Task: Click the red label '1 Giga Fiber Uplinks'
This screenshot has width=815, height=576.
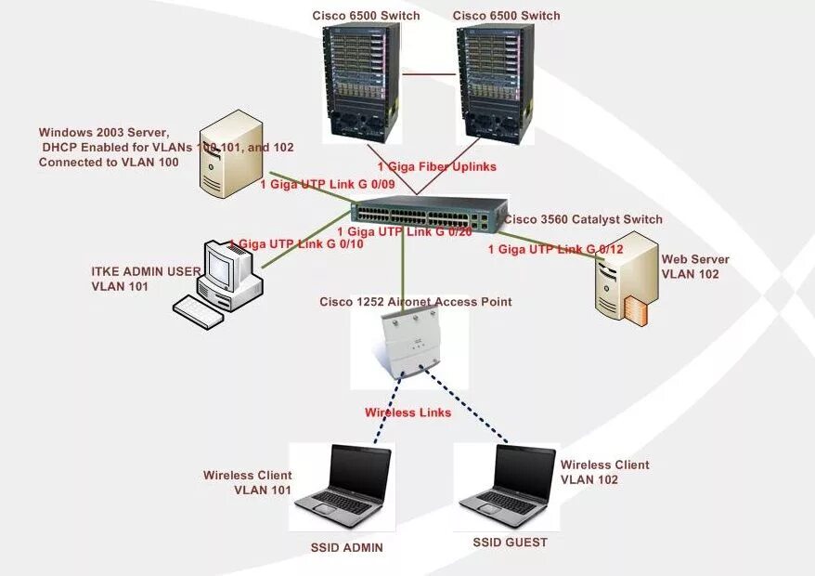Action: coord(436,166)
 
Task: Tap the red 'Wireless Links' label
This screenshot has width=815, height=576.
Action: coord(407,412)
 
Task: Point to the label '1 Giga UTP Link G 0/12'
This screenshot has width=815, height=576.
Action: coord(555,249)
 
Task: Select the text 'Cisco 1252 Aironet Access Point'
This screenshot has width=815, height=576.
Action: coord(415,302)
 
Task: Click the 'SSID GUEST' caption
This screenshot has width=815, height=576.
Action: coord(510,543)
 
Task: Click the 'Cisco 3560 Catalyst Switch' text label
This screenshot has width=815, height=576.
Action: coord(583,220)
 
